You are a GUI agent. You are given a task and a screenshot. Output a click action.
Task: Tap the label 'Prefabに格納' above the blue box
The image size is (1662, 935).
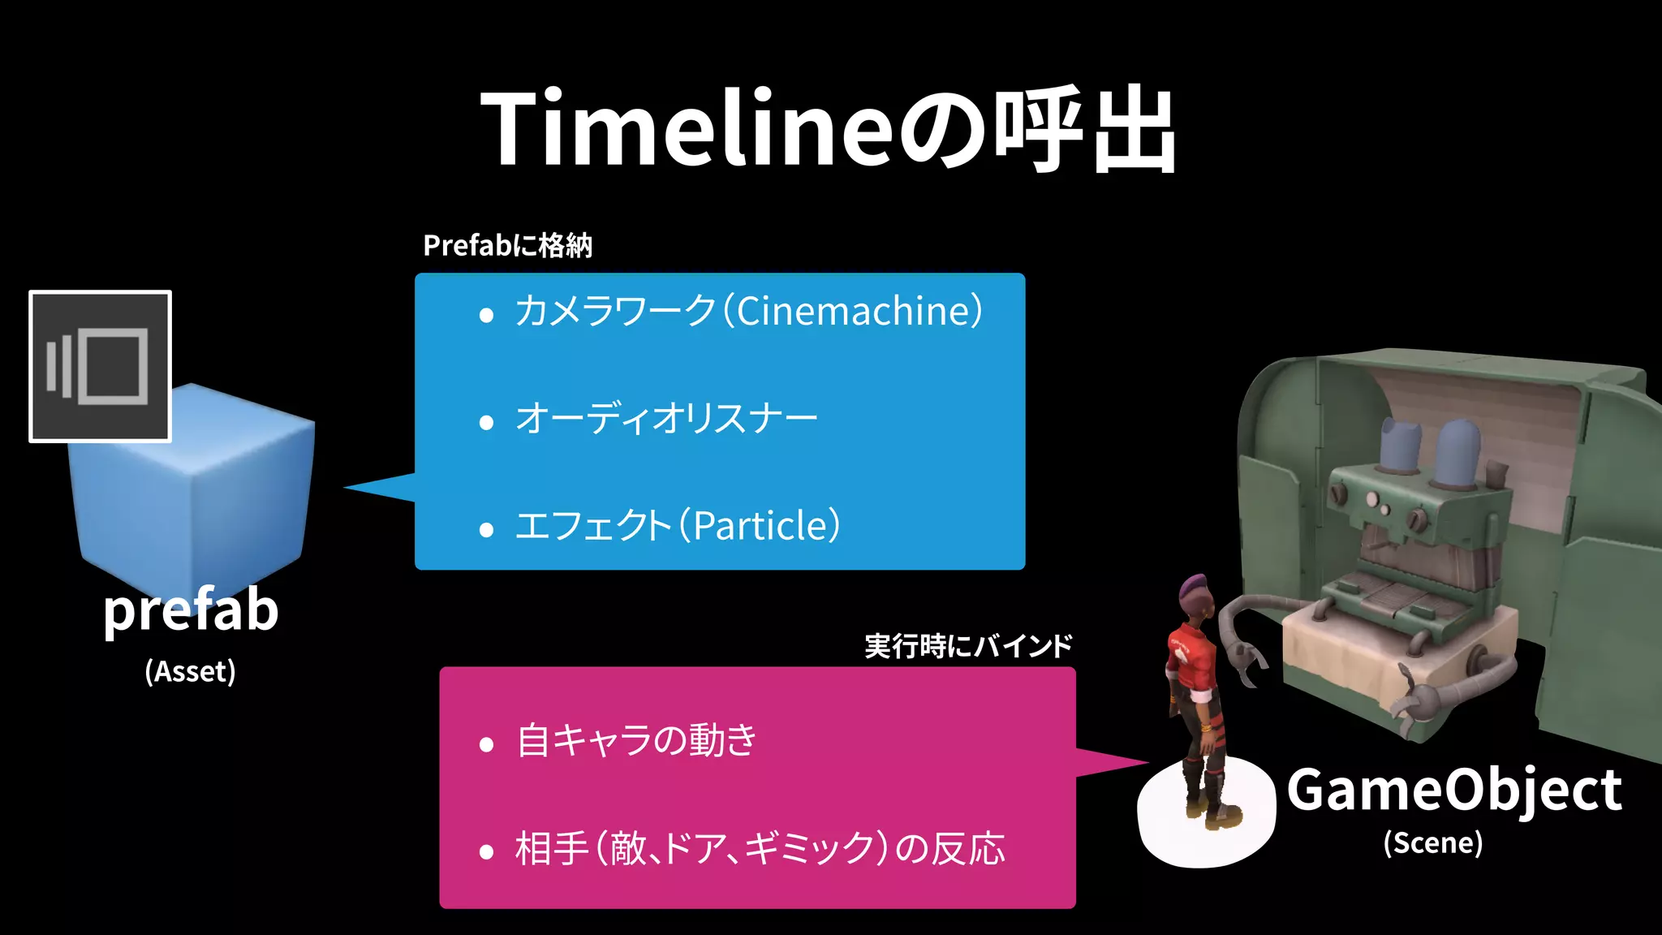(x=508, y=245)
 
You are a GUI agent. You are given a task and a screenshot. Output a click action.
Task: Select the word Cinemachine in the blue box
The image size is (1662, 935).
(x=853, y=311)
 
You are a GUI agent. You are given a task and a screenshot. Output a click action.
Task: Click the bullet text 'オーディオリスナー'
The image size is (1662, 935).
(x=666, y=419)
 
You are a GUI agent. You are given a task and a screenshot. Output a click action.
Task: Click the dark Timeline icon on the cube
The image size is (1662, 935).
(x=100, y=366)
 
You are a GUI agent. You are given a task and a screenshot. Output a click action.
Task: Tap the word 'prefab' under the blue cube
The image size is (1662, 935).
(x=191, y=610)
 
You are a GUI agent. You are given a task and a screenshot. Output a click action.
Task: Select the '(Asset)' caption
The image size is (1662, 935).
(x=191, y=672)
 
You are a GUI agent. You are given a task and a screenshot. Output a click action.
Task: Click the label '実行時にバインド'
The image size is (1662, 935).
(x=968, y=647)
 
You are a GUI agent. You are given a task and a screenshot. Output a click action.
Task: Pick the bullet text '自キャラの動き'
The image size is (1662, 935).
(x=636, y=741)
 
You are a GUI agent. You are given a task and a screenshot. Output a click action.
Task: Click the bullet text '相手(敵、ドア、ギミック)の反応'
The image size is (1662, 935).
(x=760, y=849)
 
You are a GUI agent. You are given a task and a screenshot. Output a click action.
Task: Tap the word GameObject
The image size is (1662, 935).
(x=1454, y=791)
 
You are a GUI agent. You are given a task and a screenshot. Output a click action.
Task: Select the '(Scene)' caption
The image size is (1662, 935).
(x=1433, y=843)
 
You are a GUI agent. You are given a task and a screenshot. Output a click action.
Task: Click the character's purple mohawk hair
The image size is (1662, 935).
(x=1195, y=586)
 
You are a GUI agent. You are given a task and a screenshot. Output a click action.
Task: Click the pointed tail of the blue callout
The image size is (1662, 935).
(x=373, y=487)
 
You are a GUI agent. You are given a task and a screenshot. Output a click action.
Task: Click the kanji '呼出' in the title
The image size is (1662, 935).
(x=1086, y=130)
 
